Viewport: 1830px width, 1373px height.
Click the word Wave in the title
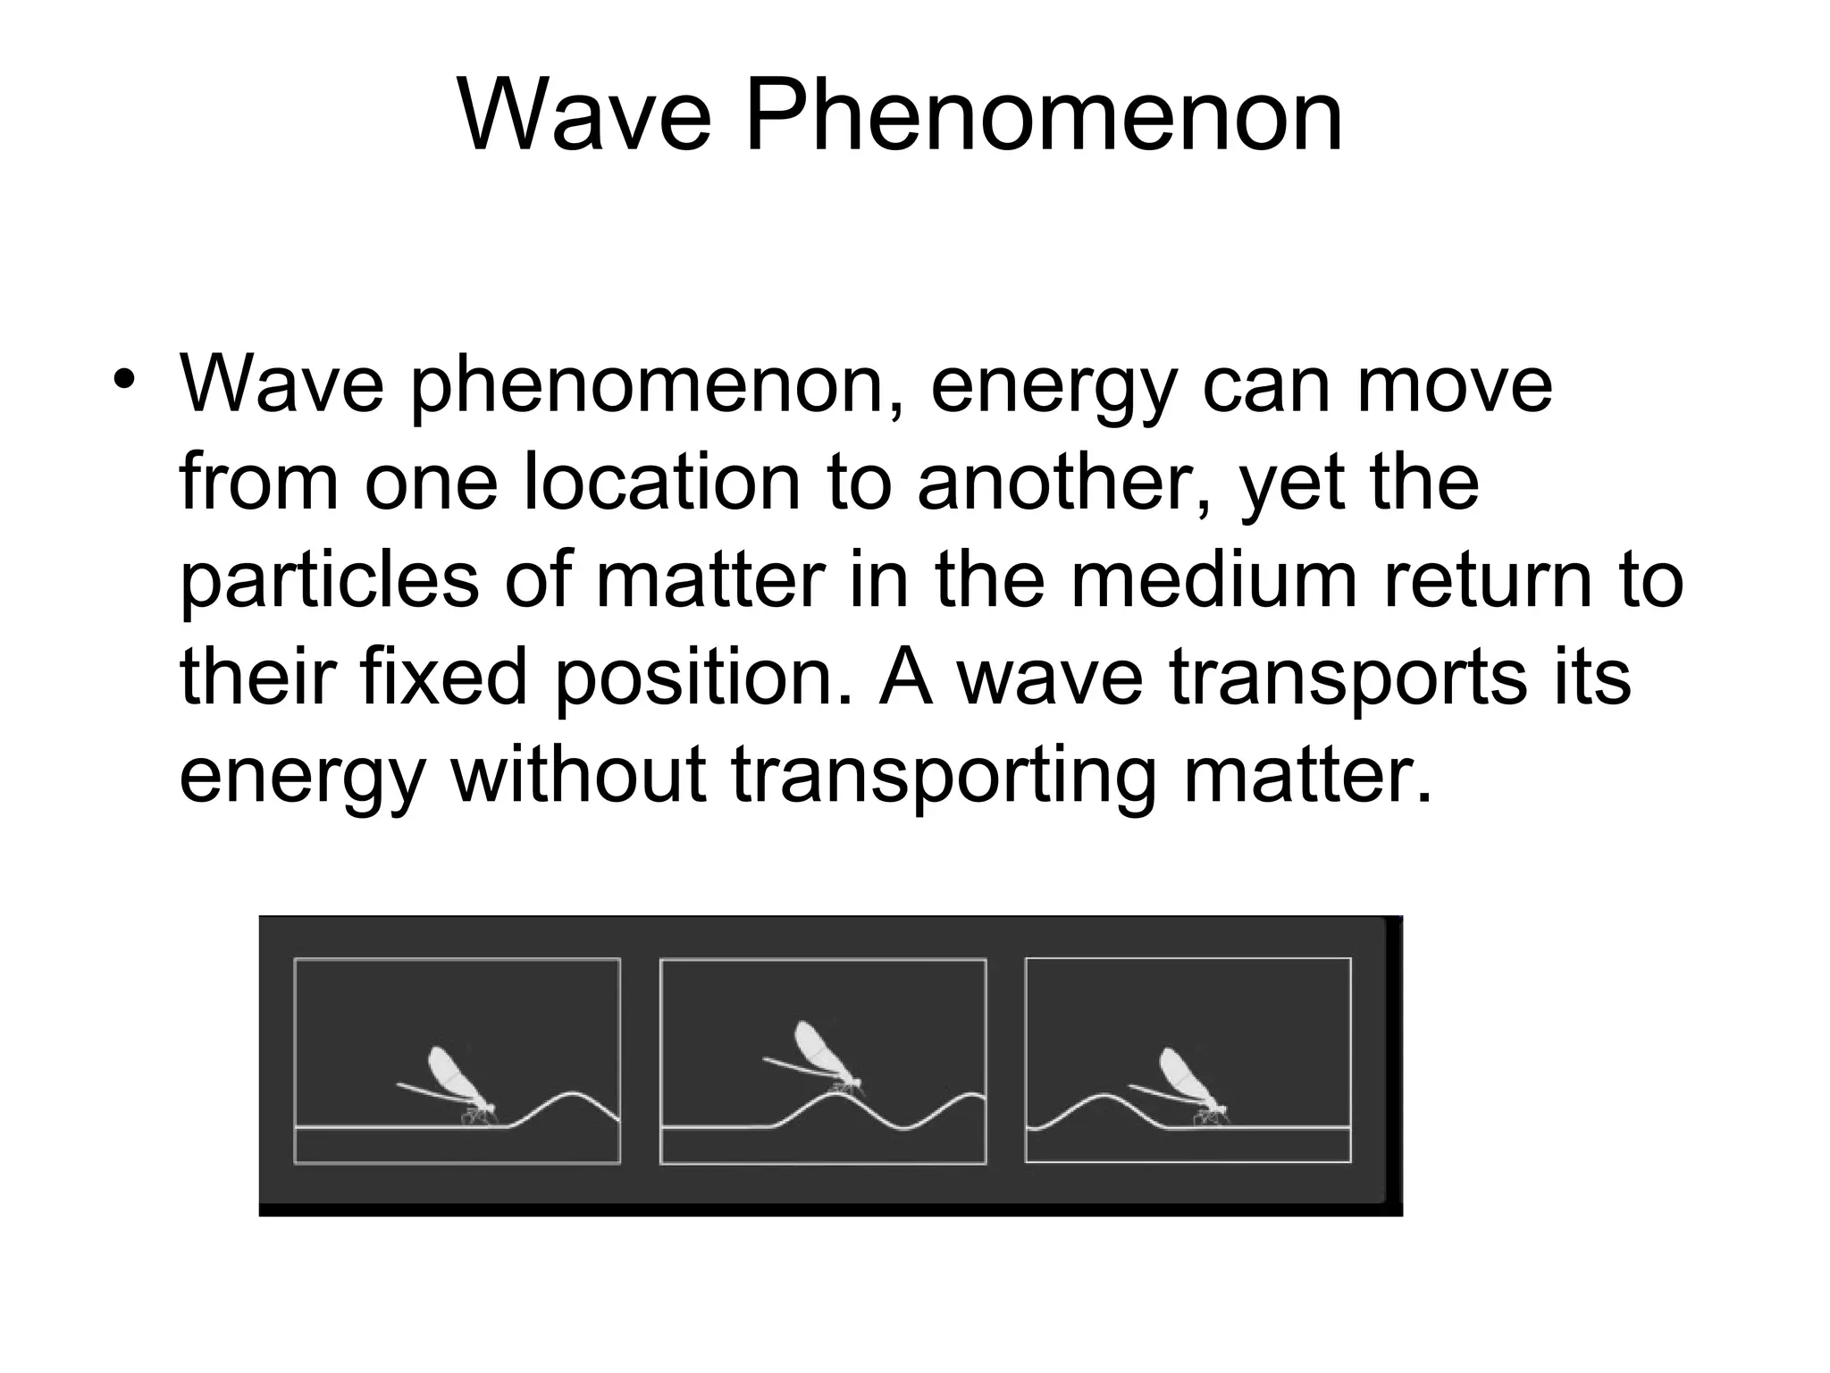click(584, 116)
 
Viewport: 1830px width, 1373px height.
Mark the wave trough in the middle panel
click(905, 1128)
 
